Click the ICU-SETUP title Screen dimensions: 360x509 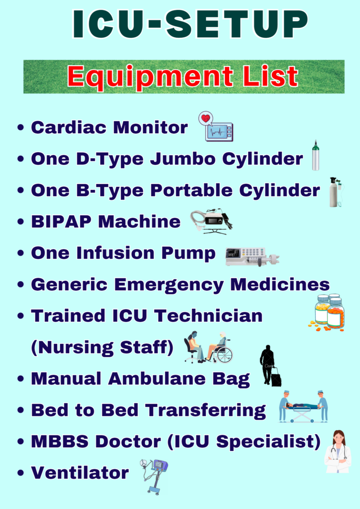tap(190, 24)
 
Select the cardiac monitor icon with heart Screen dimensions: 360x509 tap(216, 127)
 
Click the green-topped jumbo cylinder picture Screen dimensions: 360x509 tap(315, 156)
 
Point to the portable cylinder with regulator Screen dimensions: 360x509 tap(336, 192)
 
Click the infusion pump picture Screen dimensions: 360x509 tap(252, 257)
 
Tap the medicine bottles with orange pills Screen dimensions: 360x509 tap(327, 312)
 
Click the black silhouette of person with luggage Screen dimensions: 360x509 tap(270, 366)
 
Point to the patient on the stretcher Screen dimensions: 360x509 tap(302, 406)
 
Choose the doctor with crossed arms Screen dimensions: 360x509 tap(338, 451)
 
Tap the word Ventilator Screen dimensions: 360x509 tap(80, 473)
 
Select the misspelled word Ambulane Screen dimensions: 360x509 tap(157, 378)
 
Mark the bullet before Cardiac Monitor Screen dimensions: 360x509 tap(21, 127)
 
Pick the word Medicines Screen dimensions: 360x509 tap(280, 284)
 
